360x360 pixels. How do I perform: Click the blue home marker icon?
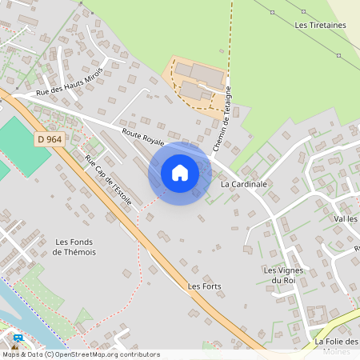click(180, 172)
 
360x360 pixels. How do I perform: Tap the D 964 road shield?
click(50, 138)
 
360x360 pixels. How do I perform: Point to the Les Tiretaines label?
click(320, 26)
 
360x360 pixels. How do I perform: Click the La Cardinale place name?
click(243, 184)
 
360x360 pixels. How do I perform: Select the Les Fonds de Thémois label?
click(74, 246)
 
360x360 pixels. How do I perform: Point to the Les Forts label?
click(204, 286)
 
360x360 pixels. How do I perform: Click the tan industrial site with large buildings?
click(195, 82)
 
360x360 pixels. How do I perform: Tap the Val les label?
click(346, 218)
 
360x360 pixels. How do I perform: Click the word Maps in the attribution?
click(12, 354)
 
